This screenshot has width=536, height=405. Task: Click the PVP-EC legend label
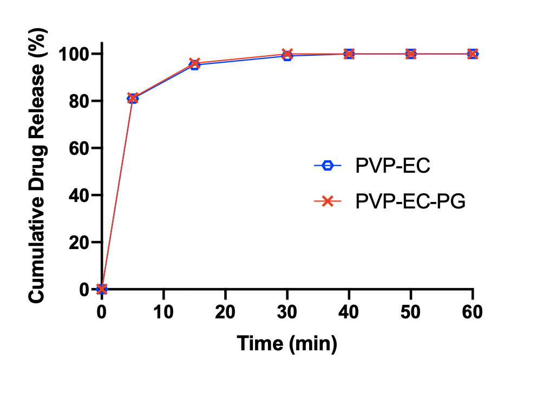point(393,166)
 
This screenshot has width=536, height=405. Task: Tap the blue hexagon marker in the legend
point(328,166)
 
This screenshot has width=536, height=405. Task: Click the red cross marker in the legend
point(328,202)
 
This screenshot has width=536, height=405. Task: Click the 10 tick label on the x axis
point(164,312)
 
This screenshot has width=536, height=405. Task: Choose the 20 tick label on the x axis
point(225,312)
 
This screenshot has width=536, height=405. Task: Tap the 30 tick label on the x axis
point(287,312)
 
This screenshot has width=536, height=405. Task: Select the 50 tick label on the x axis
point(411,312)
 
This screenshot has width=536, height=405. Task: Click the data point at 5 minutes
point(133,98)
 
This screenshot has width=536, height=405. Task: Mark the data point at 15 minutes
point(194,64)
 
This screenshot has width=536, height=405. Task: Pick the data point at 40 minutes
point(349,54)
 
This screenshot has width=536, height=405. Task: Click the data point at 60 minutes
point(473,54)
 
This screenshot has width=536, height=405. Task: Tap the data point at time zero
point(102,289)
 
